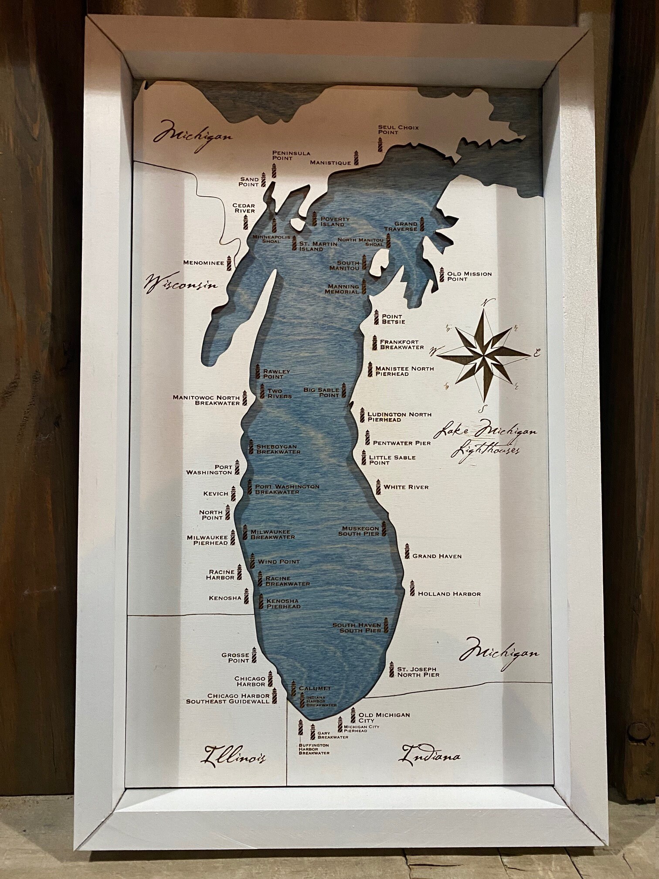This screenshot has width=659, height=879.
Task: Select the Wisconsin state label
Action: point(180,284)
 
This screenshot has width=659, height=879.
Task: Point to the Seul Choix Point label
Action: point(398,129)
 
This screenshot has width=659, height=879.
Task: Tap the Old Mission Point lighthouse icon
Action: point(442,275)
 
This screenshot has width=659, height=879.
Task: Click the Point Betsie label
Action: point(393,319)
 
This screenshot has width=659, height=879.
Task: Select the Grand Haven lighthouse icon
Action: point(407,552)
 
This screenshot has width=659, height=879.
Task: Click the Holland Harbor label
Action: point(449,594)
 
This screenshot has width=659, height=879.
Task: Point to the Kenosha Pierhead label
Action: point(283,603)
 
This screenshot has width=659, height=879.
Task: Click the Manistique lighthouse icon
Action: point(356,158)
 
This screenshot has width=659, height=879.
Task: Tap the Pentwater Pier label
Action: point(402,443)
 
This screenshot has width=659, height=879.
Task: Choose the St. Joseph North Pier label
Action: point(418,672)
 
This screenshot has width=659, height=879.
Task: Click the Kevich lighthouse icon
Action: point(233,494)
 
